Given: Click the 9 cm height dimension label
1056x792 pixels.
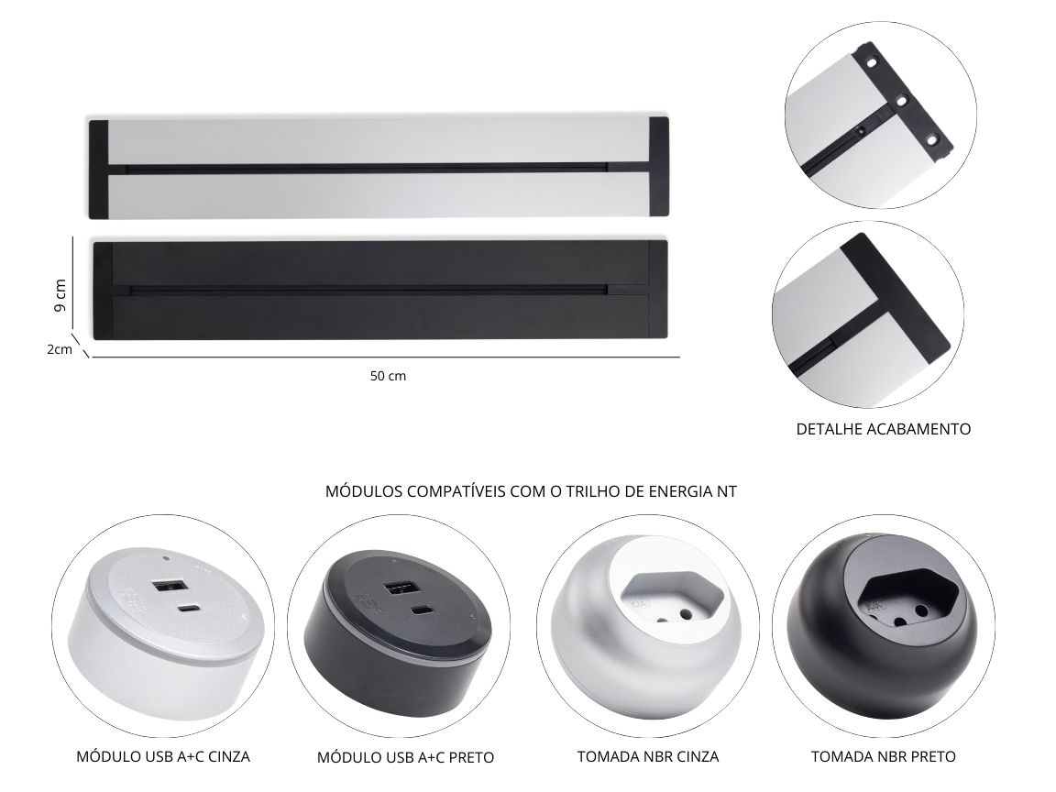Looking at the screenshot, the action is tap(60, 295).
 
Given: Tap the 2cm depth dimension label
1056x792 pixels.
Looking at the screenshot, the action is tap(60, 349).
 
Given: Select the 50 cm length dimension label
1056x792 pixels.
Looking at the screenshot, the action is tap(388, 376).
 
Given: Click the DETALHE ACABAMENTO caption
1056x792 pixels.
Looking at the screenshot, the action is tap(883, 429).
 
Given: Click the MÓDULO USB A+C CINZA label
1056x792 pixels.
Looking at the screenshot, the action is tap(163, 756).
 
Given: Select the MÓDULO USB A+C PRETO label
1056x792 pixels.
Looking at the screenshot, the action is tap(405, 758).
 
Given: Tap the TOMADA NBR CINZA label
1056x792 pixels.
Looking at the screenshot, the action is tap(648, 756).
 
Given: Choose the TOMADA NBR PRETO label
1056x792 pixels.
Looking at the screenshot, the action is tap(883, 756).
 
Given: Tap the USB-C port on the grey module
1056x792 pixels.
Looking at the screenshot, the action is tap(186, 609).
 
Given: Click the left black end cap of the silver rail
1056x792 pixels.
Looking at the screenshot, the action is tap(98, 169).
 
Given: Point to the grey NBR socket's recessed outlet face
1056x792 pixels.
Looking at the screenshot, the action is tap(671, 598).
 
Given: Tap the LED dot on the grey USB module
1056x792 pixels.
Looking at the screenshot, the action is tap(166, 558).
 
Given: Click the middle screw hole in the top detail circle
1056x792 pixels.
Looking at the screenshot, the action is tap(900, 101).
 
